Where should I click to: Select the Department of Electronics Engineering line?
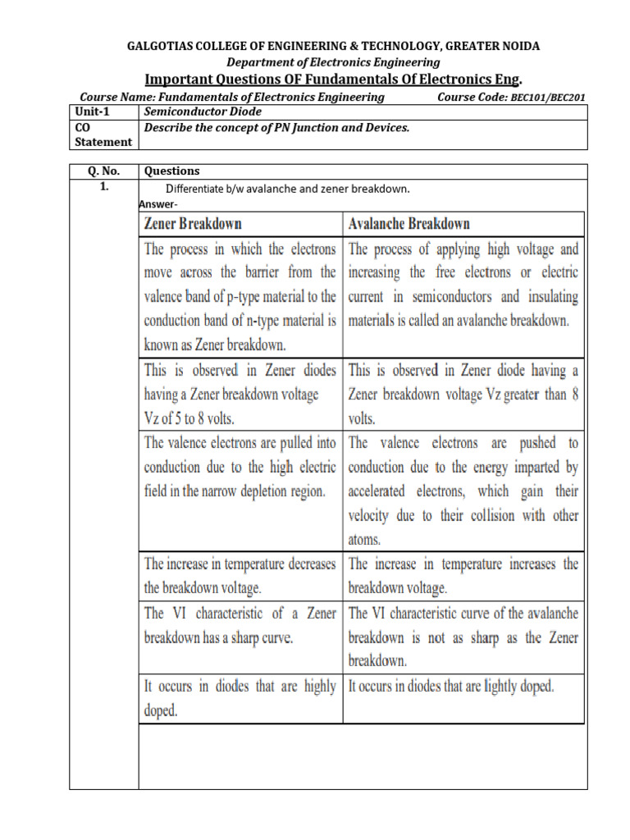[x=333, y=62]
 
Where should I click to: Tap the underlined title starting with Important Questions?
[x=333, y=79]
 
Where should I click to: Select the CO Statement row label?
[x=103, y=135]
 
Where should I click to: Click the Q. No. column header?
[x=103, y=171]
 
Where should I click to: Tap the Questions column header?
[x=171, y=171]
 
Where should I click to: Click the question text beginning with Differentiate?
[x=287, y=189]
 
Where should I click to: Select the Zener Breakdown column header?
[x=193, y=223]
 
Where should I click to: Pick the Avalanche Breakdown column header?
[x=409, y=223]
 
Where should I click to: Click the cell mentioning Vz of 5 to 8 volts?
[x=240, y=394]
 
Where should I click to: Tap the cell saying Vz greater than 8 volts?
[x=463, y=394]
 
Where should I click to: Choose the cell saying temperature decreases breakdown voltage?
[x=240, y=576]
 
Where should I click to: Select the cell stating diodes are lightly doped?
[x=451, y=687]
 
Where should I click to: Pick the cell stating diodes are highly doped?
[x=240, y=699]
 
